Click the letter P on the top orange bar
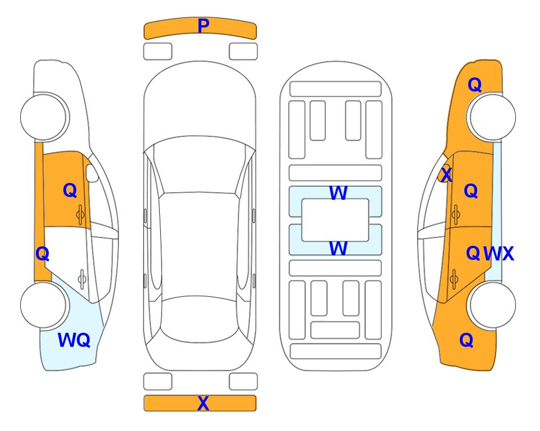pyautogui.click(x=203, y=26)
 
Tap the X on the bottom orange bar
pyautogui.click(x=203, y=403)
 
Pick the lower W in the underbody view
pyautogui.click(x=338, y=248)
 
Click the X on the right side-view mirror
pyautogui.click(x=446, y=175)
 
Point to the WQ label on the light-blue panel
pyautogui.click(x=74, y=340)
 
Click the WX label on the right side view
pyautogui.click(x=499, y=254)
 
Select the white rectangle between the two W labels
pyautogui.click(x=335, y=220)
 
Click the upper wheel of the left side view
pyautogui.click(x=43, y=117)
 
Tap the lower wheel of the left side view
pyautogui.click(x=43, y=305)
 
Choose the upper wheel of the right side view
pyautogui.click(x=492, y=117)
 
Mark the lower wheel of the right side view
pyautogui.click(x=492, y=305)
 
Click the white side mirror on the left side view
pyautogui.click(x=91, y=173)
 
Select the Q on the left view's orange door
pyautogui.click(x=70, y=190)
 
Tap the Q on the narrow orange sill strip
pyautogui.click(x=43, y=254)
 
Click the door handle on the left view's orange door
pyautogui.click(x=81, y=214)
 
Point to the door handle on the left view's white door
pyautogui.click(x=82, y=278)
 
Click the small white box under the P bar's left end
pyautogui.click(x=158, y=52)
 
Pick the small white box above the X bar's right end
pyautogui.click(x=243, y=382)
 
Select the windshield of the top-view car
pyautogui.click(x=200, y=164)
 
